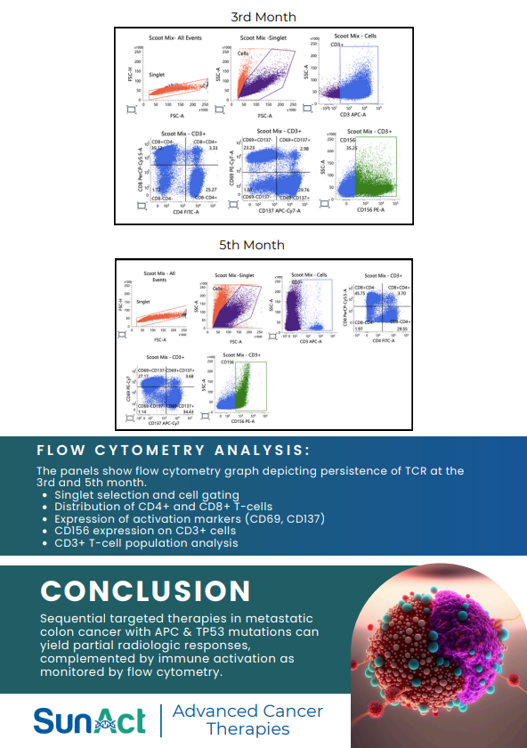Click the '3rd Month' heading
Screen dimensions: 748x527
(x=263, y=17)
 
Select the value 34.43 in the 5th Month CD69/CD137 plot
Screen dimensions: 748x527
(x=187, y=411)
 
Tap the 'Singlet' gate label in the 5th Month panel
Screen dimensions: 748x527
(x=142, y=302)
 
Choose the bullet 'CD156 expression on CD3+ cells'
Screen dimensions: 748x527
(x=146, y=530)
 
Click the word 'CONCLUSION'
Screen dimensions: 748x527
(x=145, y=591)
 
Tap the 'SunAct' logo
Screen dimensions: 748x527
(x=89, y=720)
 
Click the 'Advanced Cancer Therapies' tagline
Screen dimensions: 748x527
(x=247, y=720)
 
